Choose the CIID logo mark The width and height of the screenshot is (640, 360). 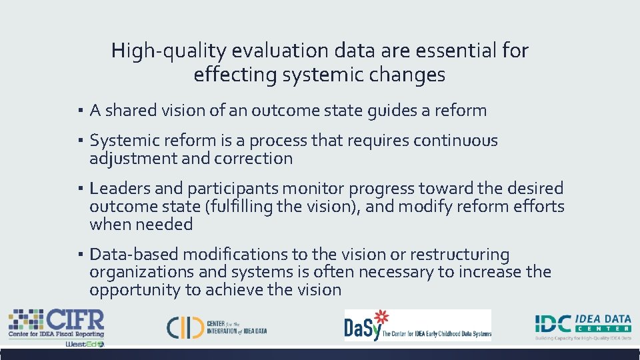click(185, 326)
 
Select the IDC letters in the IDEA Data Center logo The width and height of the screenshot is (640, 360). click(554, 324)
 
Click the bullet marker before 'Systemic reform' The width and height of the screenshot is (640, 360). click(79, 141)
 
